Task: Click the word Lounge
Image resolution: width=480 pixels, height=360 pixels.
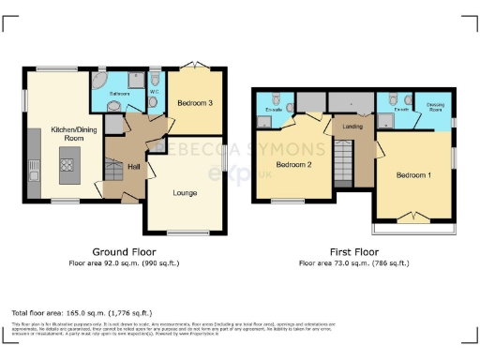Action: coord(185,193)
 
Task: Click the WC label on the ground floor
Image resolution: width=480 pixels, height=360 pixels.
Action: coord(153,93)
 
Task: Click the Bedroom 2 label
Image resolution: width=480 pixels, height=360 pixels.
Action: coord(293,165)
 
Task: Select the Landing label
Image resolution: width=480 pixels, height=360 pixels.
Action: coord(352,127)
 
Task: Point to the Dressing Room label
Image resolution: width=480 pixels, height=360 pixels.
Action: coord(435,106)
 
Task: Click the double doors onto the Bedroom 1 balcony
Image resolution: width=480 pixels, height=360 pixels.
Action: coord(413,217)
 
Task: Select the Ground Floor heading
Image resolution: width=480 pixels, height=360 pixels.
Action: coord(124,252)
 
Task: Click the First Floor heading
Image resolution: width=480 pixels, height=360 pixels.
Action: coord(352,252)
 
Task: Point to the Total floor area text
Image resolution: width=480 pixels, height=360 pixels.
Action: coord(81,311)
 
